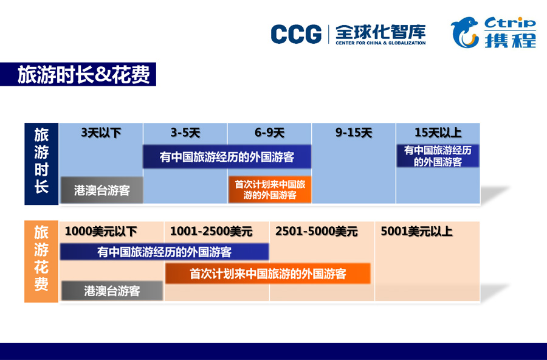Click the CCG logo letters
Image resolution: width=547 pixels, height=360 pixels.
point(296,34)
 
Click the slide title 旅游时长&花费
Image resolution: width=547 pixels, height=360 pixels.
point(84,74)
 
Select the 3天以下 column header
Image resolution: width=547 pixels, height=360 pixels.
point(101,133)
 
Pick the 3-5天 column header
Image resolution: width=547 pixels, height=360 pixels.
point(185,133)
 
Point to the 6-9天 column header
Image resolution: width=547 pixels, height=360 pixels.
point(269,133)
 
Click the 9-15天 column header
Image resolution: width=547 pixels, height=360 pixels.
point(354,133)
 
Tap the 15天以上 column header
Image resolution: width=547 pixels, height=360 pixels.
point(438,133)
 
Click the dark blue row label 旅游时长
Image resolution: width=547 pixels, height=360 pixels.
point(41,164)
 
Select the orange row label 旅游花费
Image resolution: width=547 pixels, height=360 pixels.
point(41,261)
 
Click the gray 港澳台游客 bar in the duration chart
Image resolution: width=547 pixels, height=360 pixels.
point(102,190)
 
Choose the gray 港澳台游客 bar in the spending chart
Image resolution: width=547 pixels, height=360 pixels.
point(112,291)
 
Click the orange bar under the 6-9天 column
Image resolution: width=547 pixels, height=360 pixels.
point(270,190)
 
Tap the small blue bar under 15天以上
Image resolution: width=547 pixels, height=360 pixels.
point(438,156)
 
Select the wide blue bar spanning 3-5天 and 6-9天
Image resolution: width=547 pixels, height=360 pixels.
point(227,157)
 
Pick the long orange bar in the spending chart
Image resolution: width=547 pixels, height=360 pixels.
point(267,274)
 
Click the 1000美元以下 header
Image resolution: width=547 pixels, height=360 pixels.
point(101,231)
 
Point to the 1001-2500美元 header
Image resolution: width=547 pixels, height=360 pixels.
point(211,231)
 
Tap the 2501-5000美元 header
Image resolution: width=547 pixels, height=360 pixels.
point(317,231)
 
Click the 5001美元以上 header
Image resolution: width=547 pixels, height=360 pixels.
point(416,231)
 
